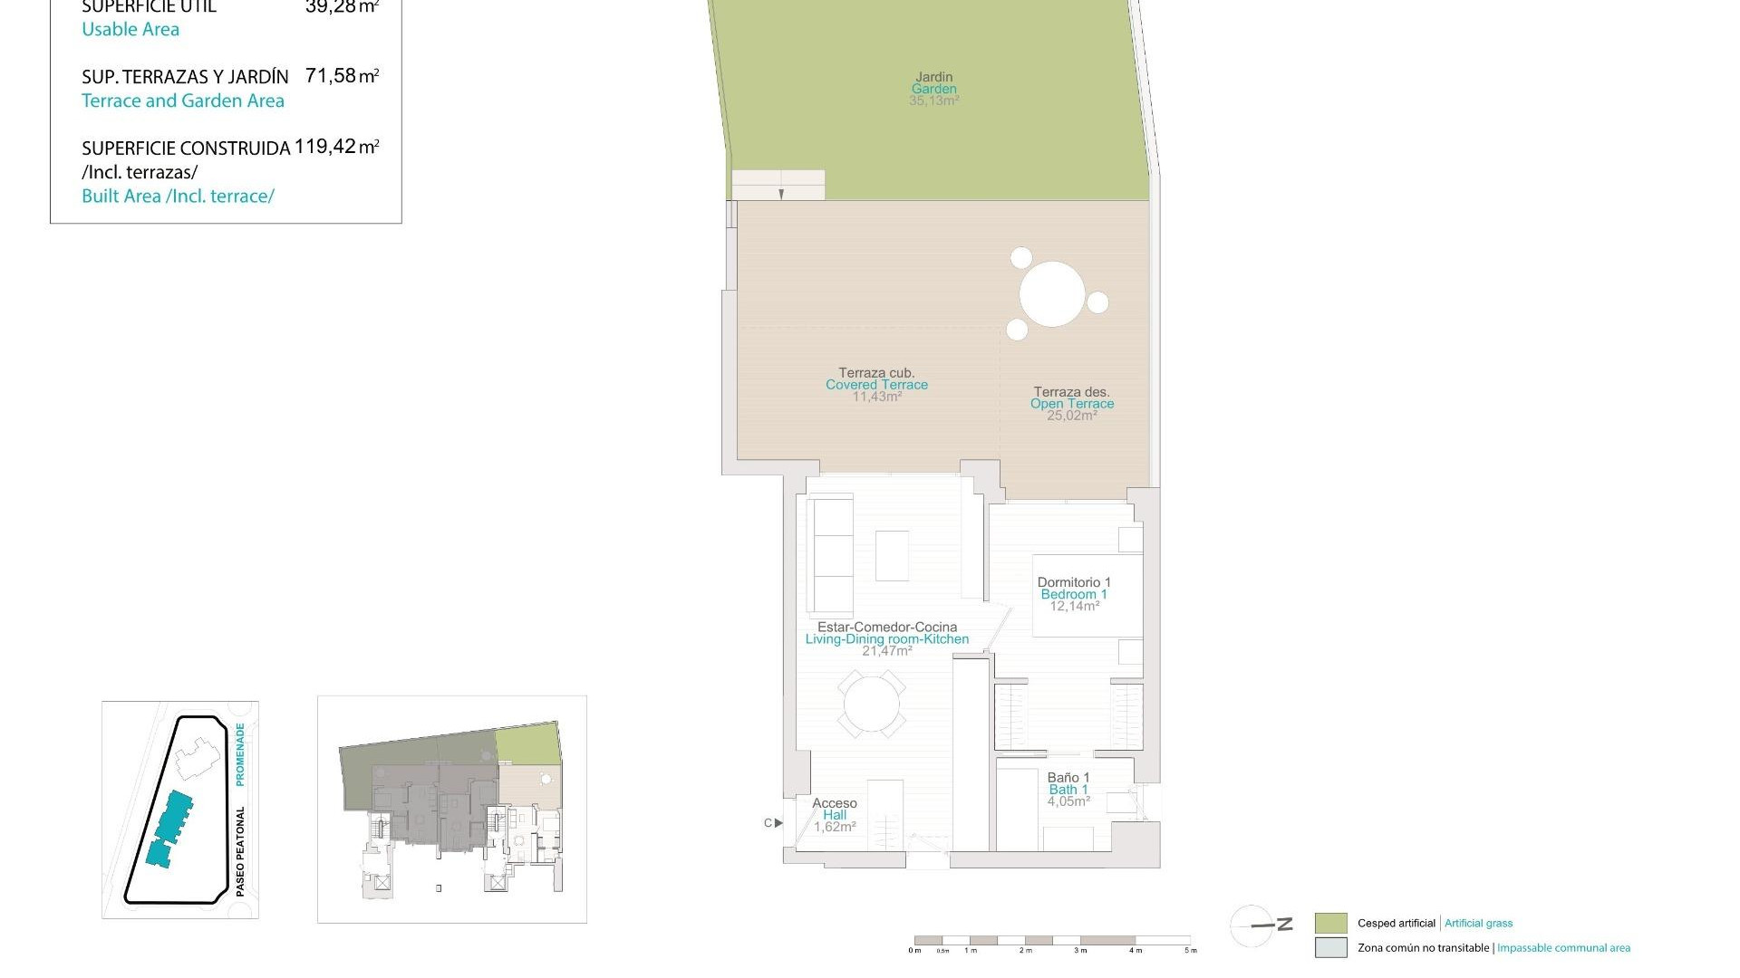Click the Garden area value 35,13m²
(x=933, y=101)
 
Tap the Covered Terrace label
(x=876, y=385)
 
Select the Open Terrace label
(x=1072, y=404)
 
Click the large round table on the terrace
(x=1052, y=293)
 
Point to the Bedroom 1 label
(x=1074, y=594)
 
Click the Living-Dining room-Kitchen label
(x=886, y=639)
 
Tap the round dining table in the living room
(x=872, y=704)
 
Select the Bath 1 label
(x=1068, y=790)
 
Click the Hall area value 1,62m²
(x=835, y=827)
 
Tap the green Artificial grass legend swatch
(x=1330, y=924)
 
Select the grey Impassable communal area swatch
(x=1330, y=948)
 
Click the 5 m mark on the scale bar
(x=1190, y=950)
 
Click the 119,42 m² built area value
(x=336, y=147)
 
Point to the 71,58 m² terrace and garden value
(x=342, y=76)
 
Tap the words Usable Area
(x=130, y=30)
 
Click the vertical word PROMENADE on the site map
(x=240, y=753)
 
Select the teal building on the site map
(x=169, y=828)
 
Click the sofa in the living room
(x=831, y=554)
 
